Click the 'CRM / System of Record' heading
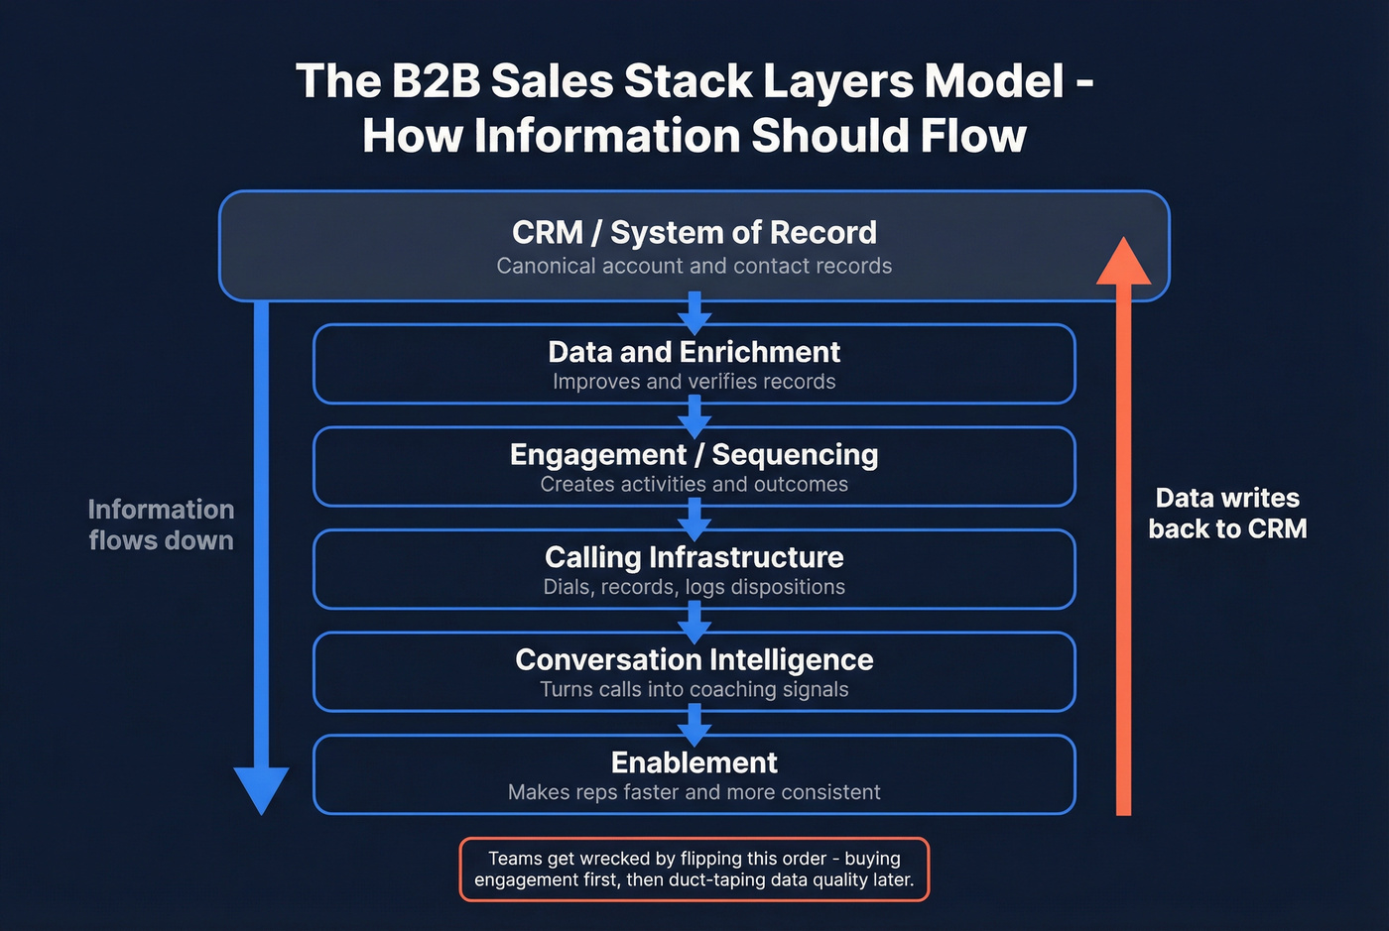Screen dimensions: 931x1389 (x=694, y=232)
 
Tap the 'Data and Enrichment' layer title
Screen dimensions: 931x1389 (x=694, y=352)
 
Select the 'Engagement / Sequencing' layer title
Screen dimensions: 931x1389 (x=694, y=454)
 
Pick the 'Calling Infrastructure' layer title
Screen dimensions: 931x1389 (x=694, y=557)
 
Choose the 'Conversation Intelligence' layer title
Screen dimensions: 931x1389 (x=694, y=659)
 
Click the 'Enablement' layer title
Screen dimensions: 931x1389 (x=694, y=762)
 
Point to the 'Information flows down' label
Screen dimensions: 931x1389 (x=161, y=524)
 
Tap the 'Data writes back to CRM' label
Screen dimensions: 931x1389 (x=1227, y=514)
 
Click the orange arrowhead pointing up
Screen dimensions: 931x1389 (x=1123, y=263)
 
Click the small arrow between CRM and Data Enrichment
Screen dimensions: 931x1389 (x=694, y=312)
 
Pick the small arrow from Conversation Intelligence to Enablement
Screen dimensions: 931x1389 (x=694, y=727)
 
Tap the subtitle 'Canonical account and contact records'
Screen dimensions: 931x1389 (x=694, y=266)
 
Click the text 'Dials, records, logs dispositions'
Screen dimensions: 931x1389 (x=694, y=587)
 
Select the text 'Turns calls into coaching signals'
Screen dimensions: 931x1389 (x=694, y=689)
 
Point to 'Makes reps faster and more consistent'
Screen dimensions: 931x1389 (x=694, y=792)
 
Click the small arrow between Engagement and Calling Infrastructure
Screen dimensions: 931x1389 (x=694, y=518)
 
